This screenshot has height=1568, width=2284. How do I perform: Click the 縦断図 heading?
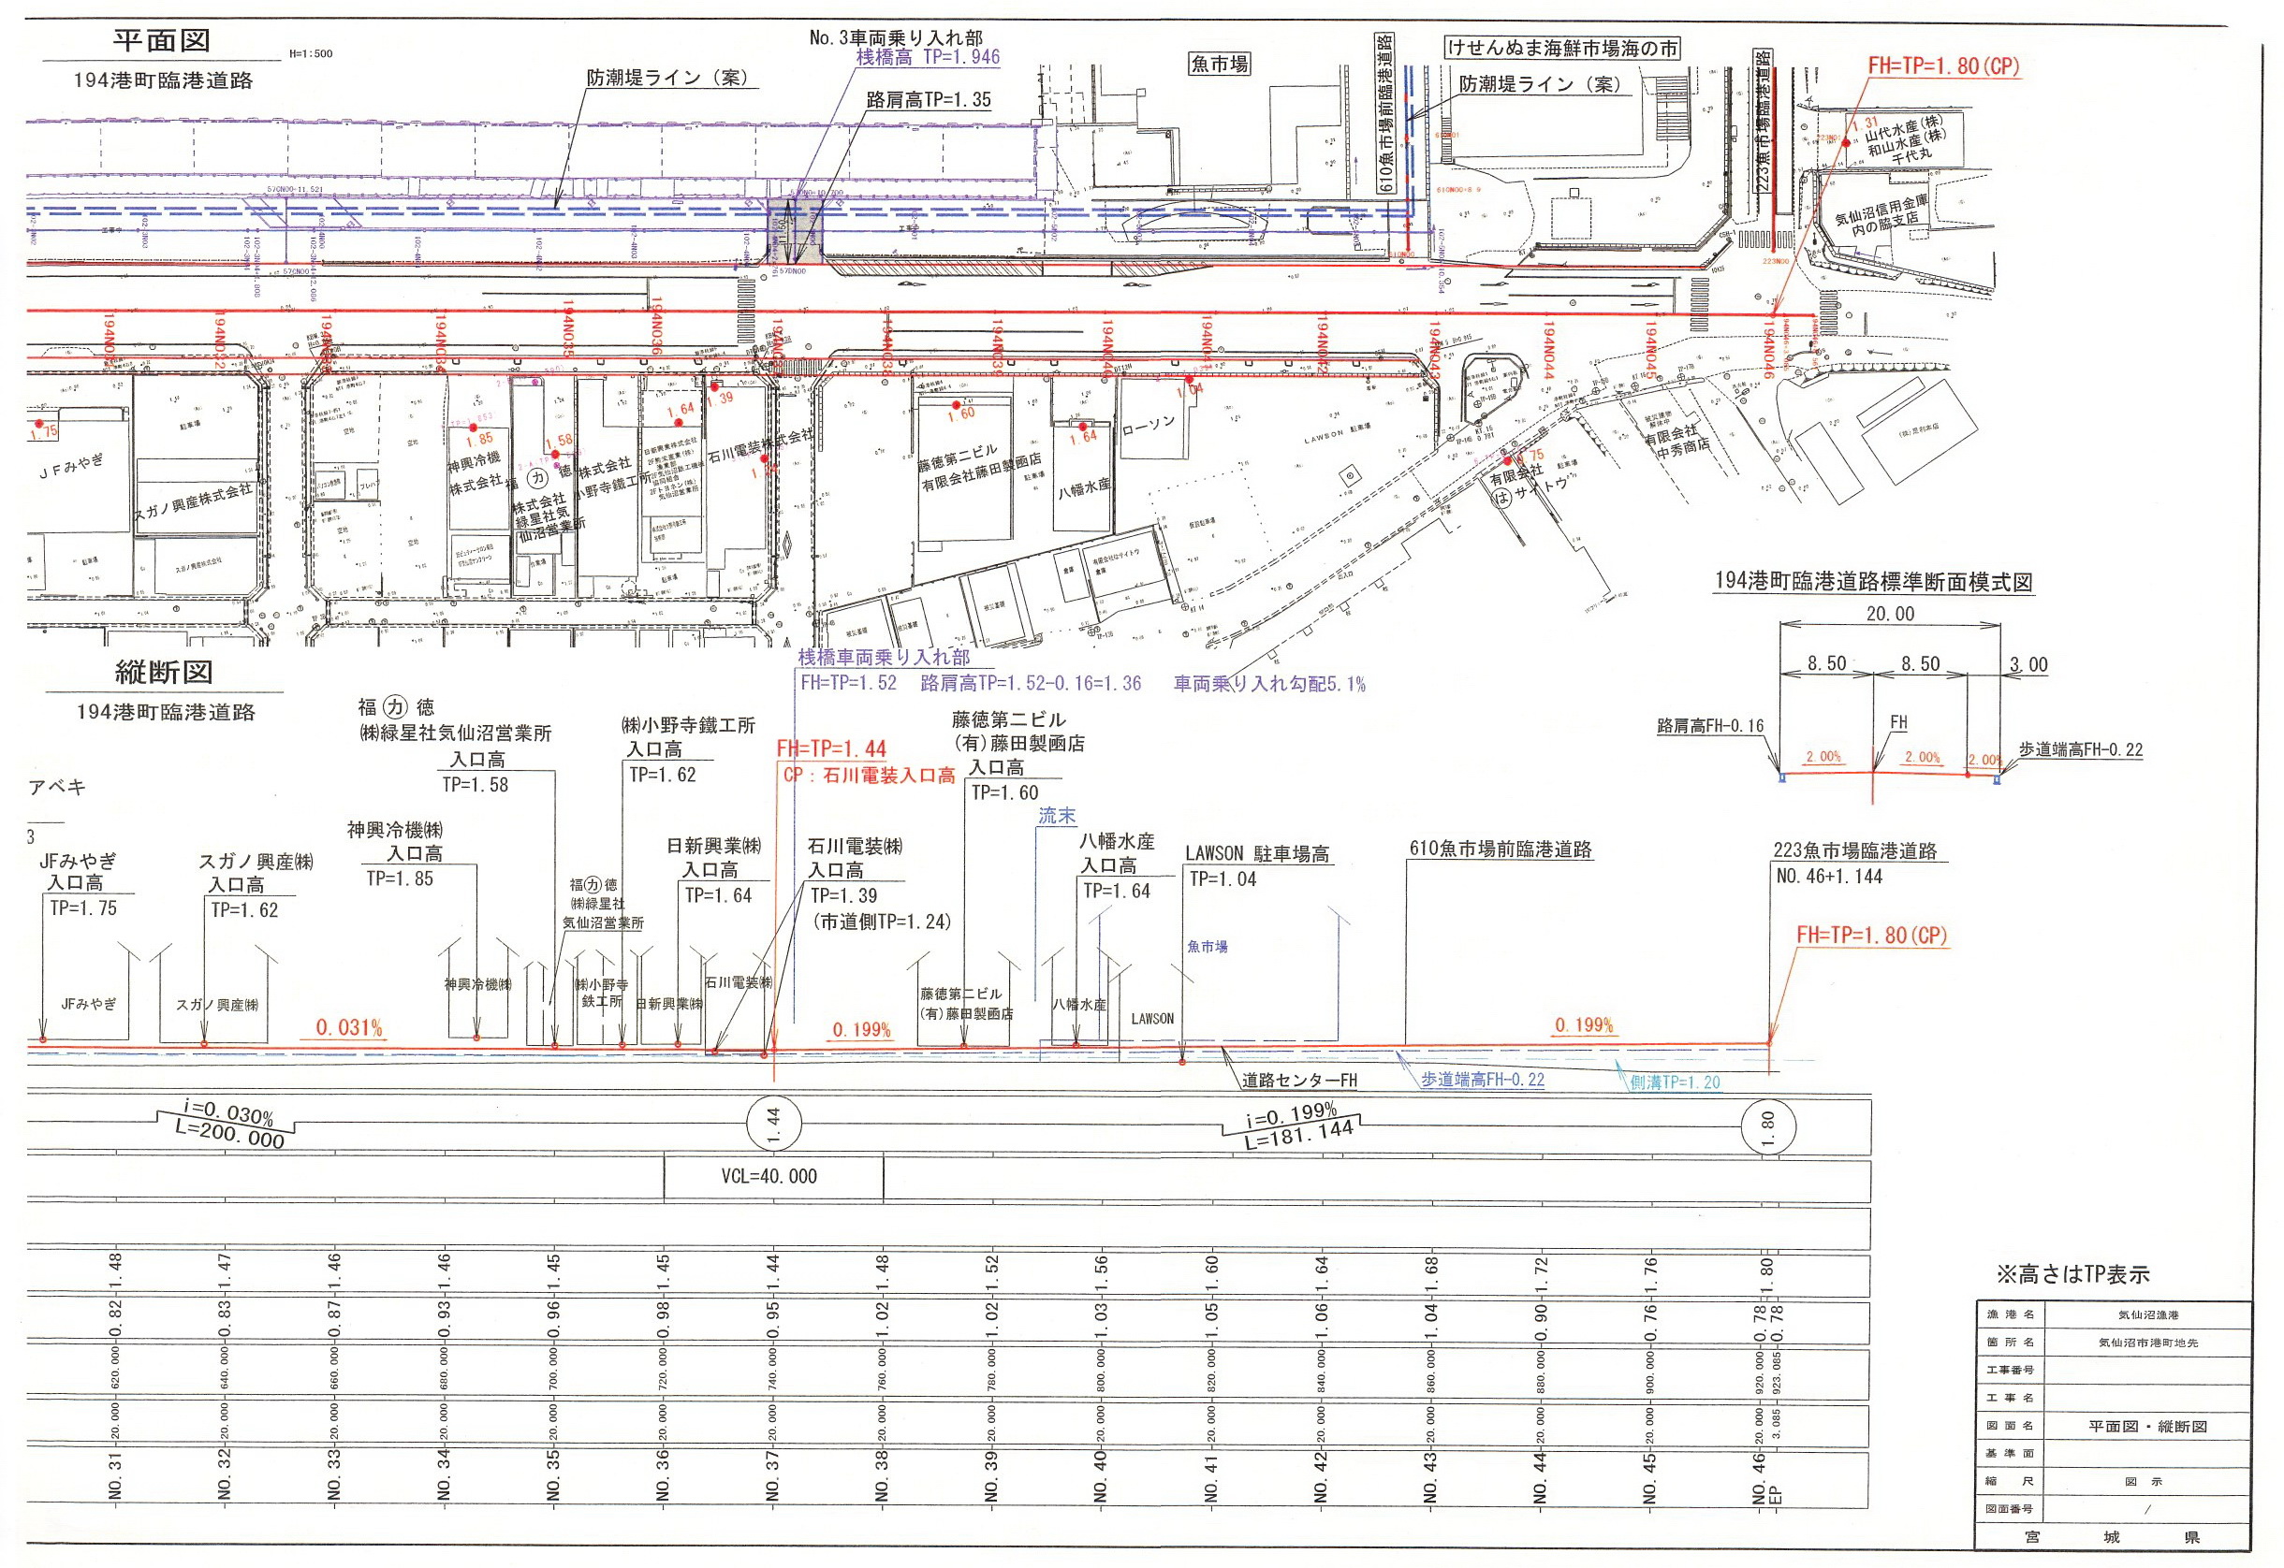(163, 672)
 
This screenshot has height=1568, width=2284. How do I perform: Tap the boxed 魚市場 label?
(1219, 65)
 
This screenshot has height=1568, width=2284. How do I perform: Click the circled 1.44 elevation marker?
(773, 1121)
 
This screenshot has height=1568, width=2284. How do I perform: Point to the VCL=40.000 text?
(769, 1176)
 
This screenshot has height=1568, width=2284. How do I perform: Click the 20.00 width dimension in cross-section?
(1890, 614)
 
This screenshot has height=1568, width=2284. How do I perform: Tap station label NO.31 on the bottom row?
(116, 1474)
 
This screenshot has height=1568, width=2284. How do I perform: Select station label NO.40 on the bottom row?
(1101, 1474)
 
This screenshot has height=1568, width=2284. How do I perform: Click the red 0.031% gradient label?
(349, 1027)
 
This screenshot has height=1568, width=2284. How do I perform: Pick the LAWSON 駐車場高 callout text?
(1257, 855)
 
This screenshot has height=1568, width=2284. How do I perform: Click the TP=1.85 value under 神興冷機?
(399, 878)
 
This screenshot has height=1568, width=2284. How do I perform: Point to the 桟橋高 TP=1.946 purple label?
(928, 57)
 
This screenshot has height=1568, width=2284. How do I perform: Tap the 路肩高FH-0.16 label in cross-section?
(1710, 727)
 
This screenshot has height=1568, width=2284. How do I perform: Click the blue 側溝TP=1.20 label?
(1675, 1082)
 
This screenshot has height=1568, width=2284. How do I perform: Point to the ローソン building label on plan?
(1148, 426)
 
